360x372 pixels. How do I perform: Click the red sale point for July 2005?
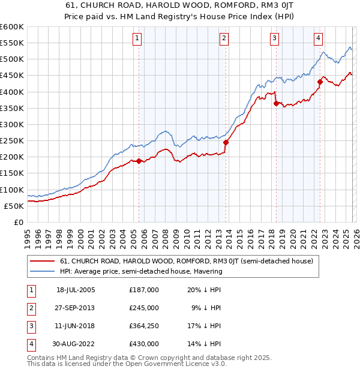tap(139, 161)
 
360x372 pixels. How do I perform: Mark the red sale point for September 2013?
tap(226, 142)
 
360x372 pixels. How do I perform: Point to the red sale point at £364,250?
tap(276, 103)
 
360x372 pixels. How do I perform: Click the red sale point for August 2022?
tap(320, 82)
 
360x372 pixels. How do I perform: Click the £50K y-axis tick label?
tap(14, 206)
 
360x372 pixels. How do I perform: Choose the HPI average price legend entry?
tap(141, 271)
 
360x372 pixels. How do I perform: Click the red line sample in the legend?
tap(43, 261)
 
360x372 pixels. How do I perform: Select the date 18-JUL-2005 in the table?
tap(76, 290)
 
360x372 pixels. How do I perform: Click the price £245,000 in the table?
tap(144, 308)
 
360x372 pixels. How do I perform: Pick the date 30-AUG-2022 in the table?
tap(76, 344)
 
